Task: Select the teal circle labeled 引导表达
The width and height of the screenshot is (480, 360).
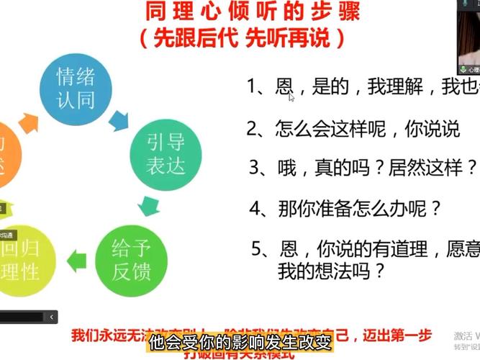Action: [x=166, y=153]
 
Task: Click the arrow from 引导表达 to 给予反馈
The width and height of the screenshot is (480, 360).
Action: [x=150, y=206]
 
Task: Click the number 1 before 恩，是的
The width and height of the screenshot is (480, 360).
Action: [x=253, y=87]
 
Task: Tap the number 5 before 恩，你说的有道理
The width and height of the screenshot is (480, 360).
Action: [x=257, y=250]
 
